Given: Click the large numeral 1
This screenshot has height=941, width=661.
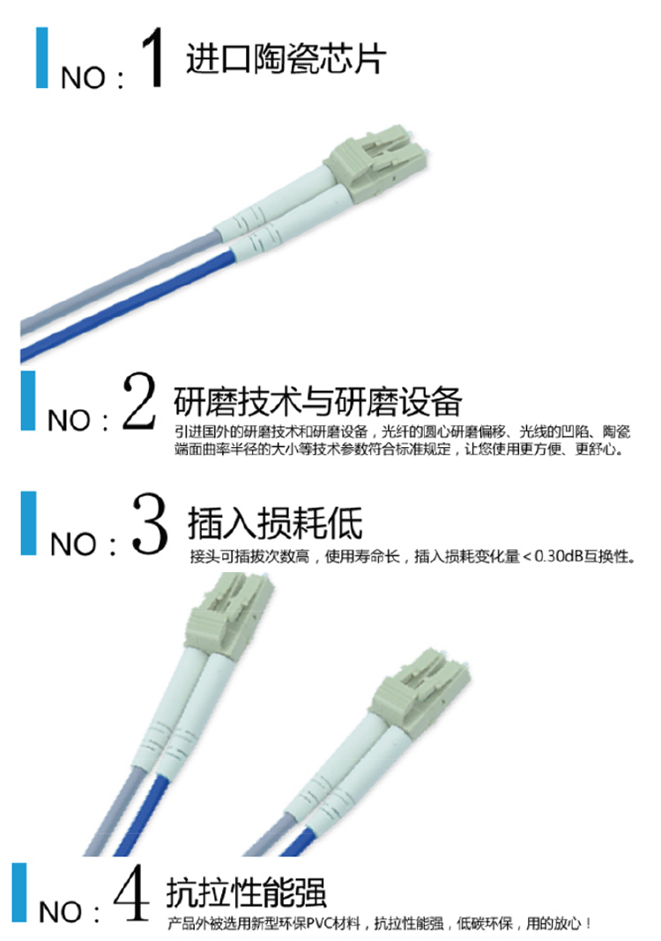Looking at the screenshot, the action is click(152, 57).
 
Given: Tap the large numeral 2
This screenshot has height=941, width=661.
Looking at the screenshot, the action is click(139, 401).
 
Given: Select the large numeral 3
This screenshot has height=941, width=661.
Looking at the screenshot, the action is click(150, 523).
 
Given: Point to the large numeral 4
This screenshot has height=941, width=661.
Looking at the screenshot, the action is click(131, 892).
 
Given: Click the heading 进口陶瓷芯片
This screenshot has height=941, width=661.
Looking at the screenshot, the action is click(286, 58).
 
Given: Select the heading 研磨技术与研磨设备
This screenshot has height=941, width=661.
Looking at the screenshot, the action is click(318, 401).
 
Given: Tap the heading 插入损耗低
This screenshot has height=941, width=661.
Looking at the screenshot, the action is click(275, 523).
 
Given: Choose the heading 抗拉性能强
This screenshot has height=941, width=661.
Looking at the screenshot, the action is click(247, 893).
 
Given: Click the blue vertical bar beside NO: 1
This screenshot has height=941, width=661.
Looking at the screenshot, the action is click(42, 57).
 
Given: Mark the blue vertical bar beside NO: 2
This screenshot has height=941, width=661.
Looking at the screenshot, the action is click(28, 401).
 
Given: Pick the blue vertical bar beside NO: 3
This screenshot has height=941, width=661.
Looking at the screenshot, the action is click(28, 523).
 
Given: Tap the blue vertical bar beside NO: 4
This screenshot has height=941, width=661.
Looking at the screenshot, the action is click(19, 892).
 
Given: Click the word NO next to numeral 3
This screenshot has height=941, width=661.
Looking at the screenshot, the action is click(73, 544).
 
